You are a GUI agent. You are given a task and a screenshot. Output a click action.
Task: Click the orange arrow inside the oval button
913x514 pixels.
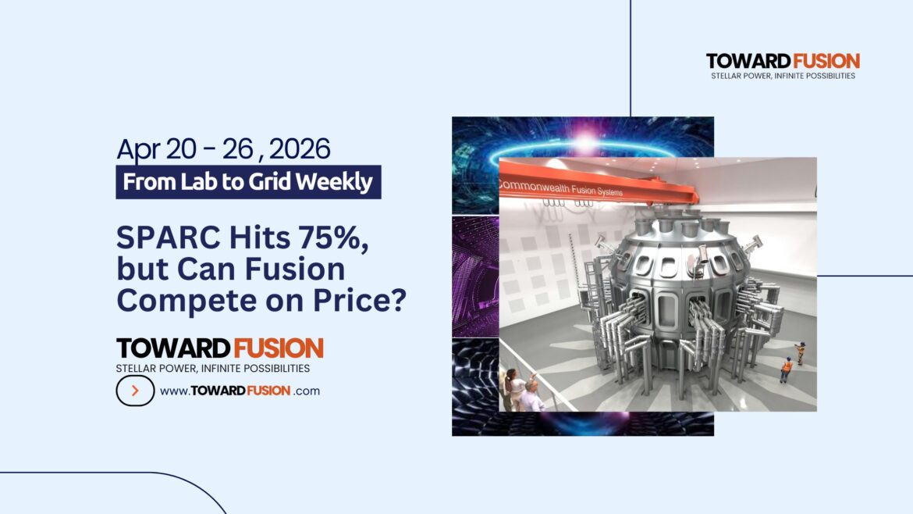coord(135,391)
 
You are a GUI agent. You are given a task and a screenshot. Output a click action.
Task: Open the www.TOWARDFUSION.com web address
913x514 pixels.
coord(240,391)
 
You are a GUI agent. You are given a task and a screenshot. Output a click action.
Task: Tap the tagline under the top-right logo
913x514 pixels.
coord(783,76)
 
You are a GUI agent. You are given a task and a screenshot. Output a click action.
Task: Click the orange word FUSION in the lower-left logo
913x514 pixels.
coord(277,348)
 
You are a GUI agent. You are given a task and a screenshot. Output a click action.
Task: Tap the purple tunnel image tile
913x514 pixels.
coord(474,276)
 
